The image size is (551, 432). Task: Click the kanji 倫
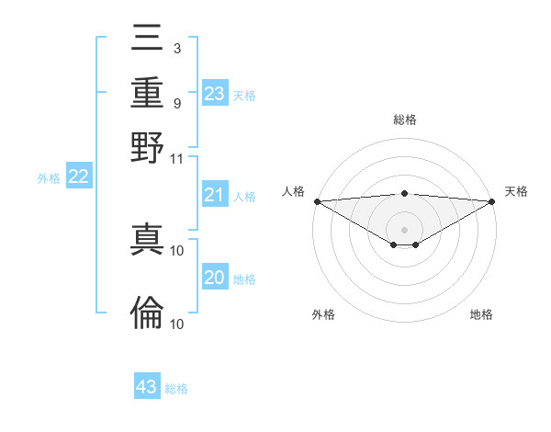coord(147,313)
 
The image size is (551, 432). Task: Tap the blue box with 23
coord(215,94)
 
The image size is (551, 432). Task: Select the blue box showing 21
coord(215,195)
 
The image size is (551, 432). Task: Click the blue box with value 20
coord(215,279)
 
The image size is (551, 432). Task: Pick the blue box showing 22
coord(78,177)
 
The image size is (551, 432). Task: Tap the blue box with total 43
coord(147,387)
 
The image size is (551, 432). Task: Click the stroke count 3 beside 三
coord(176,47)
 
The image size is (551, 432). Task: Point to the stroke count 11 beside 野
coord(177,158)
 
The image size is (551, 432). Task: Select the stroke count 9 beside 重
coord(176,103)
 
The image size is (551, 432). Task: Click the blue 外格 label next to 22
coord(49,178)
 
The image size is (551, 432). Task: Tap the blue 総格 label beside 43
coord(176,389)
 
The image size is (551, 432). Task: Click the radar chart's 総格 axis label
coord(404,119)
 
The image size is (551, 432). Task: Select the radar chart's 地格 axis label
coord(481,315)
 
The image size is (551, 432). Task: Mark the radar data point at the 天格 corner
coord(492,201)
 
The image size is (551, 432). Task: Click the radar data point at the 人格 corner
coord(317,201)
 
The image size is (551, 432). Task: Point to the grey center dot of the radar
coord(404,229)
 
